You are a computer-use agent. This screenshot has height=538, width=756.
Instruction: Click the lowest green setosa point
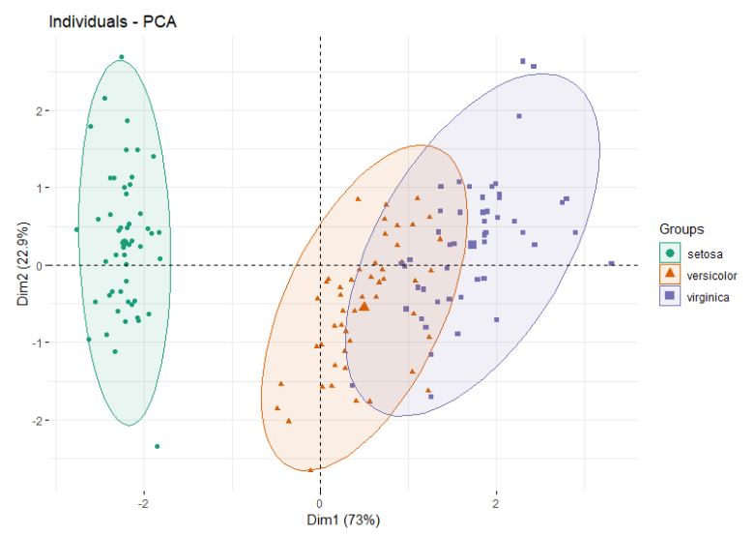point(157,446)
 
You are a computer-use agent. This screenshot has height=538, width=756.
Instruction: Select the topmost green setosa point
point(121,57)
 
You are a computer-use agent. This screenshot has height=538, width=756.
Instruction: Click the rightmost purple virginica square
point(611,262)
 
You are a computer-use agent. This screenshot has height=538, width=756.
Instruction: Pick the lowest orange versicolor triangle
point(310,469)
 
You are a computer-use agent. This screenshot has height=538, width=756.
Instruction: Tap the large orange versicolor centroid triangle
point(364,306)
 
